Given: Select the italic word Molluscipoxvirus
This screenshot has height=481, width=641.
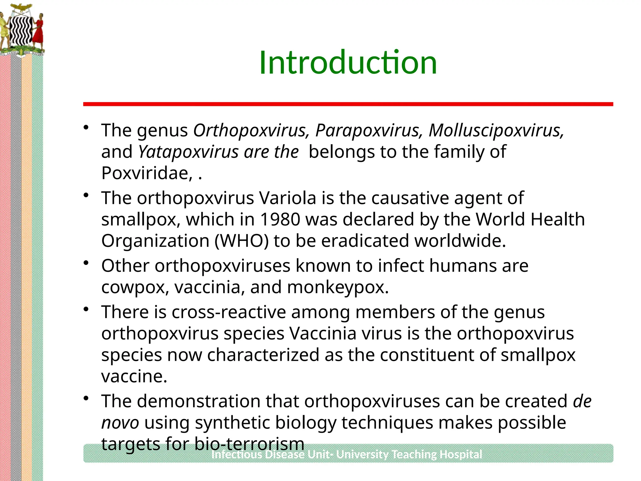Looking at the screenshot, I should click(496, 130).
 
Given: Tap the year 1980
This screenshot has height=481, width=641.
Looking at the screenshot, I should click(280, 219).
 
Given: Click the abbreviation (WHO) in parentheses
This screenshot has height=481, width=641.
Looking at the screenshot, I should click(242, 241).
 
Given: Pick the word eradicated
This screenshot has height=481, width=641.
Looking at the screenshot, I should click(365, 241).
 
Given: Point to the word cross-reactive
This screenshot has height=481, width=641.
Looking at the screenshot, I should click(229, 312).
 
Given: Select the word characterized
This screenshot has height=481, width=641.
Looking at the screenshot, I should click(263, 355).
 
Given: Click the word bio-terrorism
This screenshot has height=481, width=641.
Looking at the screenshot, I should click(249, 444).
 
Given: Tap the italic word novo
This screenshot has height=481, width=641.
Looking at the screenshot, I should click(120, 423).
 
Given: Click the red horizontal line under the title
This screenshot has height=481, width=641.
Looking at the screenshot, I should click(348, 104).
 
